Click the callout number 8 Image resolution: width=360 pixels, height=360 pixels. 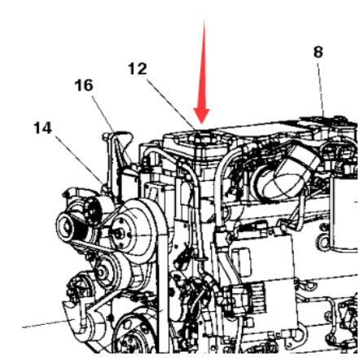pos(318,52)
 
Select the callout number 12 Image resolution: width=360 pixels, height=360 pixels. pos(138,68)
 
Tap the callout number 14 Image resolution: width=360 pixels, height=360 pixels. pos(42,128)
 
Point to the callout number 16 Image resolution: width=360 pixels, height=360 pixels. pos(84,86)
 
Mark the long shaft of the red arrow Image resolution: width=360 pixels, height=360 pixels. pos(204,64)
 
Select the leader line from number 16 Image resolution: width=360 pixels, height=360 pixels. pos(103,113)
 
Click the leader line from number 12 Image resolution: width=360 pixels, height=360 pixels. pos(171,104)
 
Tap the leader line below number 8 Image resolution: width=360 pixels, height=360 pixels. pos(321,88)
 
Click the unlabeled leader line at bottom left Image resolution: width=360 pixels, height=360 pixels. pos(45,324)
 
